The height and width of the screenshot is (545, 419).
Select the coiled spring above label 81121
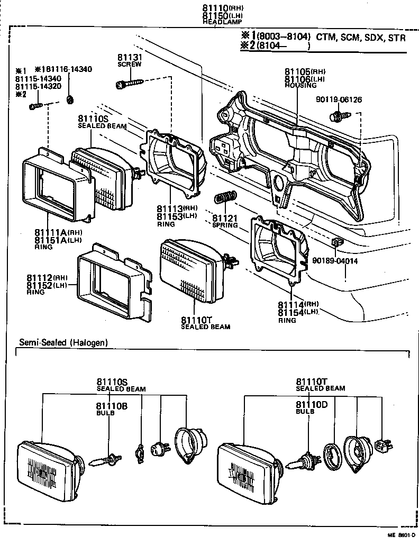pyautogui.click(x=225, y=198)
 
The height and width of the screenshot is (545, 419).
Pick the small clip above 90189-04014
pyautogui.click(x=337, y=242)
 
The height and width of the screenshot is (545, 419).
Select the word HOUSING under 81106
pyautogui.click(x=300, y=85)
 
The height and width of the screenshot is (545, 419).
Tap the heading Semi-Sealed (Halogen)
pyautogui.click(x=63, y=342)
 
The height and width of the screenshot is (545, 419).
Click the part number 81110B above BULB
pyautogui.click(x=112, y=406)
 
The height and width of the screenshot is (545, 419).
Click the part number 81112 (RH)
pyautogui.click(x=48, y=278)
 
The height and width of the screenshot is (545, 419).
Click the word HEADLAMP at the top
pyautogui.click(x=218, y=22)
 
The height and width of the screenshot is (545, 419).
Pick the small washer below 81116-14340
pyautogui.click(x=69, y=98)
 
